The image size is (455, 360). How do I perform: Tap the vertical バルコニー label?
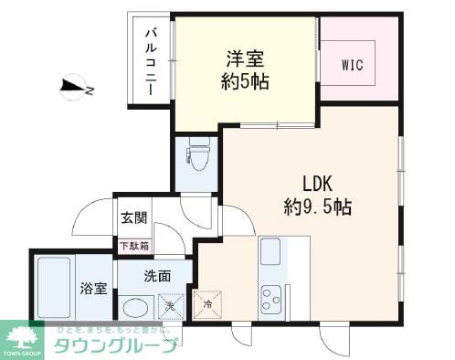tap(152, 62)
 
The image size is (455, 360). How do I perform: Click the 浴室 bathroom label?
tap(92, 289)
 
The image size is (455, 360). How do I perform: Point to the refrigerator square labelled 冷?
tap(207, 305)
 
